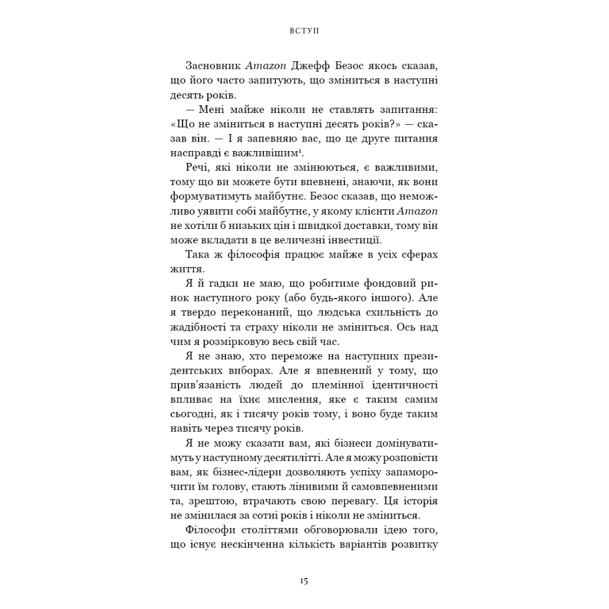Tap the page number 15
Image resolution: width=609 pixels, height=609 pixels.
304,581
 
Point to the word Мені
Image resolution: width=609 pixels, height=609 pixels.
213,109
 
